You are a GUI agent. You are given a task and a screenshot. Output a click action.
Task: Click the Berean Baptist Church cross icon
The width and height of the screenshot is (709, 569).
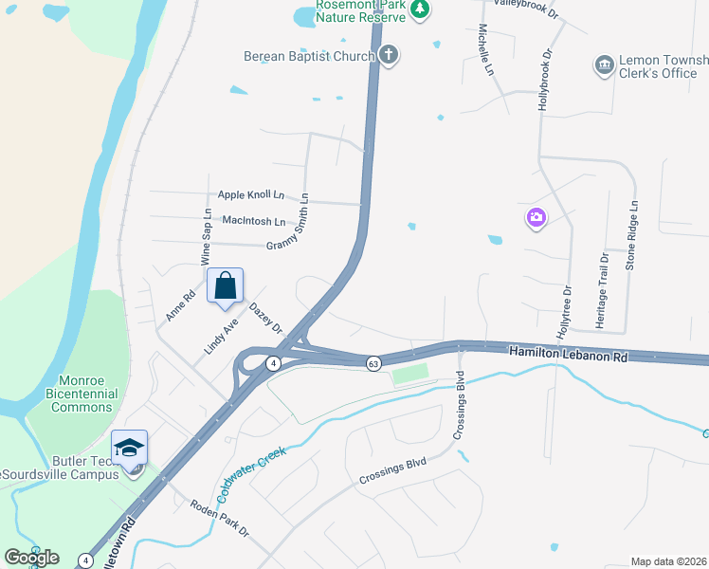389,55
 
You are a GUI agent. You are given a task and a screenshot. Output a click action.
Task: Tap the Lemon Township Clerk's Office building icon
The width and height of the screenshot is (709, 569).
604,64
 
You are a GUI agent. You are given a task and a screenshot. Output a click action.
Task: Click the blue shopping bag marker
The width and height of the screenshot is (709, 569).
226,284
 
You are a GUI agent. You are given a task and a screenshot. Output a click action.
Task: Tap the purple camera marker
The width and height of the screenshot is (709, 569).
536,218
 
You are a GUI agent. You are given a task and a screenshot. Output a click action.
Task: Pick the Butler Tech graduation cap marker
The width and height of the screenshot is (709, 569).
130,448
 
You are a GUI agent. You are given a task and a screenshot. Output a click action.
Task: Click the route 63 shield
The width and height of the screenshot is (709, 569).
373,363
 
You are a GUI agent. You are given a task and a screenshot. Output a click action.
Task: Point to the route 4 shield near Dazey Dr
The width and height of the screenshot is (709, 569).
273,363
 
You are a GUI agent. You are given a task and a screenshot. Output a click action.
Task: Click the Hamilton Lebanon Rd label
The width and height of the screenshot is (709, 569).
569,352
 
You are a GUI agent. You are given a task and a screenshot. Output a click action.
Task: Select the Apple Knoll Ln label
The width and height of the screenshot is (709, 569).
251,195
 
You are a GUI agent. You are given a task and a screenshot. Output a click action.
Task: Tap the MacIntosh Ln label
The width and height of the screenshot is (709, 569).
253,221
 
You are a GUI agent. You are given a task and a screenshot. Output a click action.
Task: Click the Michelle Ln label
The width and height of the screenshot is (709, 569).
486,50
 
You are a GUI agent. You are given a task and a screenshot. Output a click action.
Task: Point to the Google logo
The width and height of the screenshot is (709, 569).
31,558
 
